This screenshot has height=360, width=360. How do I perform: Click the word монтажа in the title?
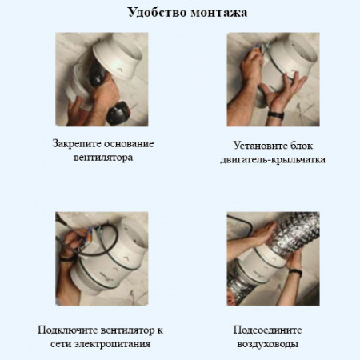click(x=214, y=13)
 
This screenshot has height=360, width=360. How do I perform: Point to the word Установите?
click(x=252, y=146)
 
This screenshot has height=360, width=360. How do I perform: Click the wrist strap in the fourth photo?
click(x=295, y=273)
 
